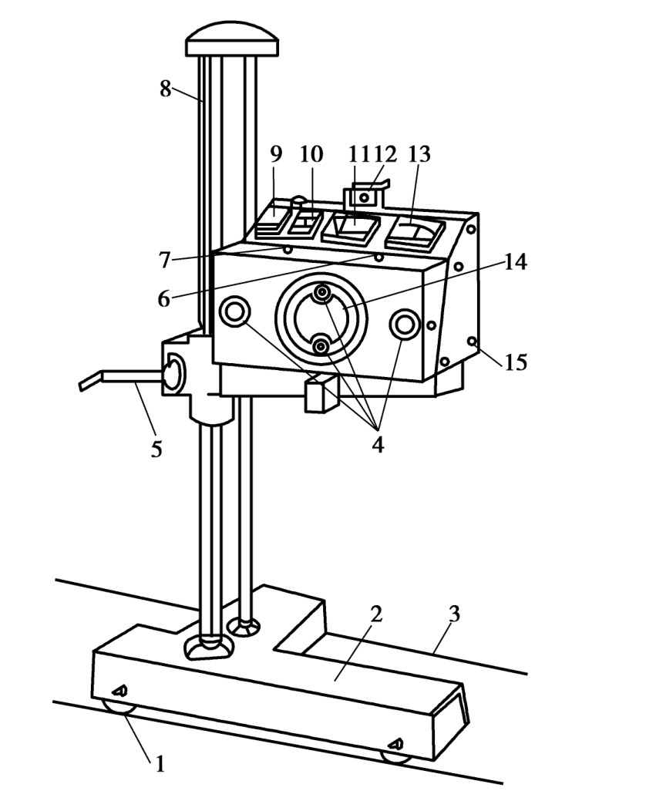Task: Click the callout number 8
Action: point(165,89)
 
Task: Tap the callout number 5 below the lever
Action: point(156,449)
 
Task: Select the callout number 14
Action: point(515,262)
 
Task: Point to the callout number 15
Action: point(516,362)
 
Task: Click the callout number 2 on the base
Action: point(376,614)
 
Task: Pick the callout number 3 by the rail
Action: point(453,614)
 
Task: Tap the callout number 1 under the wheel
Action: point(160,763)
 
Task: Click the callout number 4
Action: point(378,444)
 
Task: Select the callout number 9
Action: point(276,153)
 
